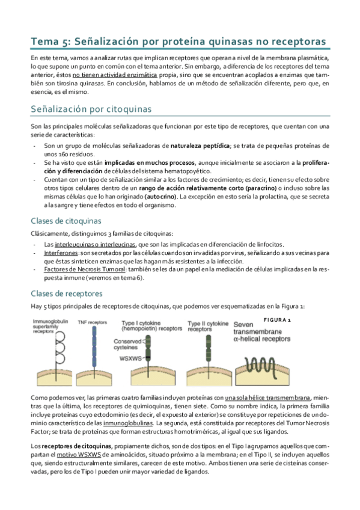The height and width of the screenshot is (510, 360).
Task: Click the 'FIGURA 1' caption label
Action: (278, 320)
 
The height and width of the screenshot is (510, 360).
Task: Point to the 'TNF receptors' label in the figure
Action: (91, 322)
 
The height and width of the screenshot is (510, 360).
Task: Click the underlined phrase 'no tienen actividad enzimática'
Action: (115, 76)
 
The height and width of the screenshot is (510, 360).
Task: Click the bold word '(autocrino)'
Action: (161, 196)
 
